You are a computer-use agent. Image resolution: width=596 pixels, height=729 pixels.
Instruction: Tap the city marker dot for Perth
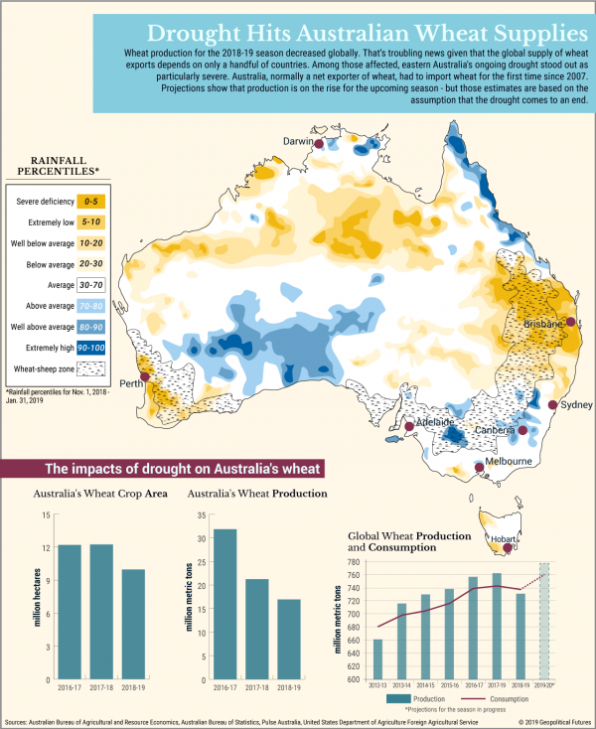[x=146, y=376]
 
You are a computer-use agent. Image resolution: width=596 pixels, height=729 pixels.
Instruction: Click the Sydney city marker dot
[x=552, y=405]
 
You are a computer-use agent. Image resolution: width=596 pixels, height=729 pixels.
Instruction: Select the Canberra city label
[x=493, y=430]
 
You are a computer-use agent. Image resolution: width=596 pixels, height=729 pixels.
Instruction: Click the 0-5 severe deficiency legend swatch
[x=90, y=202]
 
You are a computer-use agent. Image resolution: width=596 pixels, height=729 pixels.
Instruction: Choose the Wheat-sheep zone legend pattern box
[x=90, y=370]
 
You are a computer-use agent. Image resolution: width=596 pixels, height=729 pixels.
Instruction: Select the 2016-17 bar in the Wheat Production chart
[x=225, y=603]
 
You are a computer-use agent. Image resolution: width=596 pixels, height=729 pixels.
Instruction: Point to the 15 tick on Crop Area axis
[x=45, y=514]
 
